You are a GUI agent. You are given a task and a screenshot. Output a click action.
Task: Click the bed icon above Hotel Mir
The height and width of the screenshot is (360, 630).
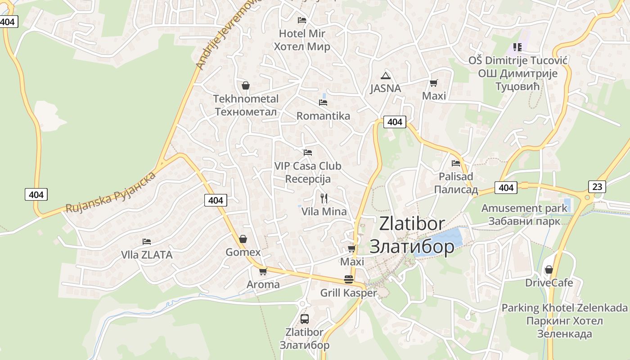[x=302, y=20]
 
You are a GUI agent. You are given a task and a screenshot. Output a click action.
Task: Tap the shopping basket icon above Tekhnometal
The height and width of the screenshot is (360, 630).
[x=246, y=85]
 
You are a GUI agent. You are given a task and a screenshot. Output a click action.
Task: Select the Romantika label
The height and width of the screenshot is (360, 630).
[x=323, y=116]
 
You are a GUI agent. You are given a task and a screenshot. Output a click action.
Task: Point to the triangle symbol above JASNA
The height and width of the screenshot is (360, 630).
[x=385, y=76]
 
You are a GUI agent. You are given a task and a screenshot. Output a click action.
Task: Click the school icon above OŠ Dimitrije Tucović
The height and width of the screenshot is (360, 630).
[x=517, y=47]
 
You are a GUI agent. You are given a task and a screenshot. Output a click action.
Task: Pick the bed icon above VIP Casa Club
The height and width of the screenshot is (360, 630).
[x=308, y=153]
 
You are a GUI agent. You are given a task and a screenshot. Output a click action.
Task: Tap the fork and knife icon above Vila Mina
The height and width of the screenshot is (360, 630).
[x=324, y=198]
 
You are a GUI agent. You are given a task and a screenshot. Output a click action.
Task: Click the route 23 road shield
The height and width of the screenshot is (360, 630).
[x=597, y=187]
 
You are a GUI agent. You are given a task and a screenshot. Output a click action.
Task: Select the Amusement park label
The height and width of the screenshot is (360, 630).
[x=524, y=208]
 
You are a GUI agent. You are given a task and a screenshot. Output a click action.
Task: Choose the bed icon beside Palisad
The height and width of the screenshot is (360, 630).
[x=456, y=163]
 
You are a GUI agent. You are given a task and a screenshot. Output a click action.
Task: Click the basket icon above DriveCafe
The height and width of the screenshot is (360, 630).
[x=549, y=270]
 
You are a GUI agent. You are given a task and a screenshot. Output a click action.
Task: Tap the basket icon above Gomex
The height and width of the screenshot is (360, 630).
[x=243, y=239]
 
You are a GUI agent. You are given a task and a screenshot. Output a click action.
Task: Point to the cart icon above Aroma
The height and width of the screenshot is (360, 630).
[x=263, y=271]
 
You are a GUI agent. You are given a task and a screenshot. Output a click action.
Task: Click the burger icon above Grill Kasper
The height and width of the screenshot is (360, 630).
[x=348, y=279]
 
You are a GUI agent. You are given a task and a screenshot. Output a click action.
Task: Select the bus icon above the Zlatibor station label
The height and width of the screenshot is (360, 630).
[x=305, y=319]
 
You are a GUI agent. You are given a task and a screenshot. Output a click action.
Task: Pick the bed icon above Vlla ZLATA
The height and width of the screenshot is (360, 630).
[x=147, y=242]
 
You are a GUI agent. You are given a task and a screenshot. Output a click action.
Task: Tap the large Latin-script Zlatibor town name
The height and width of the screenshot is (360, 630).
[x=412, y=224]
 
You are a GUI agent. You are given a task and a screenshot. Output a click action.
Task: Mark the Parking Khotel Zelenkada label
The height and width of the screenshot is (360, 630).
[x=564, y=308]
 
